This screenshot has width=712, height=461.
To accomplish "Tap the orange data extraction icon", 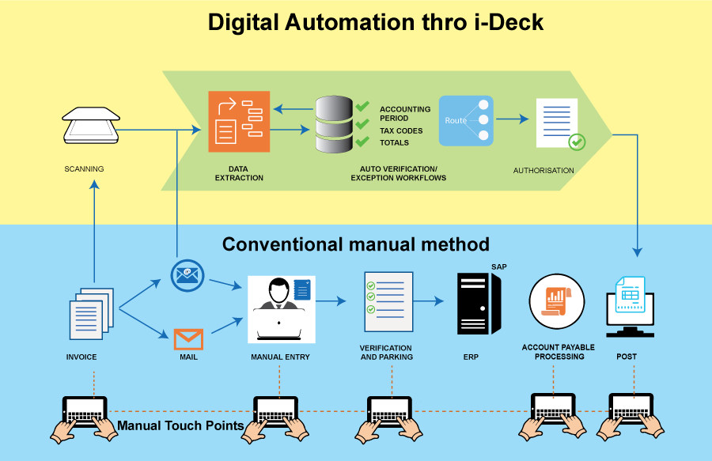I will pos(239,121).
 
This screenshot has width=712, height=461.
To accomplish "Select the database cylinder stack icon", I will pos(333,124).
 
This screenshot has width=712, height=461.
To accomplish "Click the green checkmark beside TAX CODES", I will pos(363,124).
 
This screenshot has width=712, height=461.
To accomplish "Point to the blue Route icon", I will pos(466,120).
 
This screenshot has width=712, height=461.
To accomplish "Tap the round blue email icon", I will pos(187,274).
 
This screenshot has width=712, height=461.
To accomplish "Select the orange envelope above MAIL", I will pos(188,339).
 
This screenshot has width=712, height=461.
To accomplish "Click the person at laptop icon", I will pos(281,308).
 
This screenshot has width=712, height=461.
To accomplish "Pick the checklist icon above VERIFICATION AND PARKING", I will pos(388,302).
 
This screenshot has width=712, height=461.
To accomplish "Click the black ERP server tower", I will pos(479,303).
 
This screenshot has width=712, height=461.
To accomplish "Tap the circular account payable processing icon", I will pos(557,301).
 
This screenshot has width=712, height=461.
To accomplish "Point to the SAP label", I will pos(498,266).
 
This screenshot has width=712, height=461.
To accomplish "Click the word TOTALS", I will pos(394,143).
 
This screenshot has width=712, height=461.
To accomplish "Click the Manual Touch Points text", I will pos(180,426).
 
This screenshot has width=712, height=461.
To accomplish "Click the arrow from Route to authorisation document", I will pos(512,120).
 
